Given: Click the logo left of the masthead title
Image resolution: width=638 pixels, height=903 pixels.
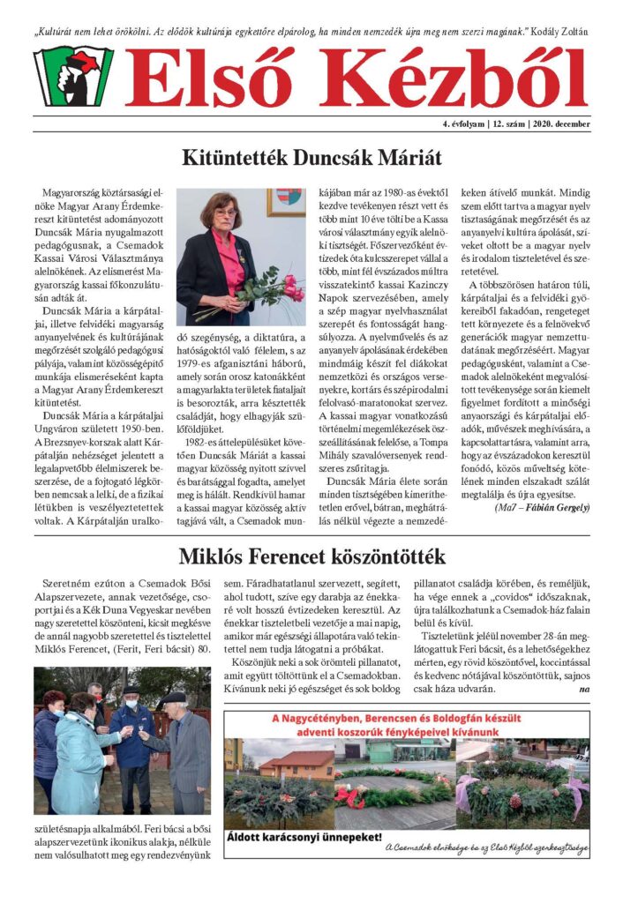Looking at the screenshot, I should [73, 77].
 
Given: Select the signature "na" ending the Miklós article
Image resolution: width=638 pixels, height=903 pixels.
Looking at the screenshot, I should [584, 688].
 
